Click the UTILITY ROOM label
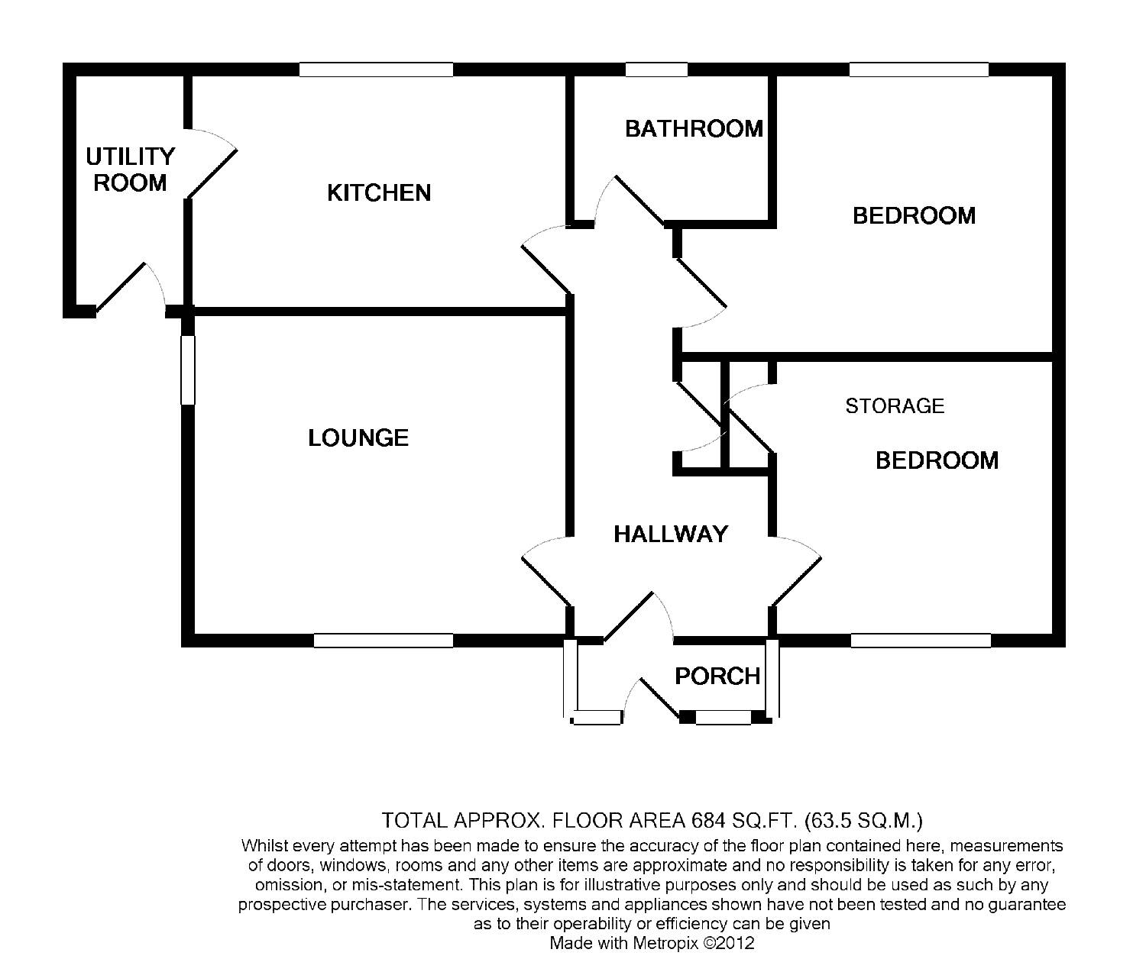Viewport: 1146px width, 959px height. (x=130, y=170)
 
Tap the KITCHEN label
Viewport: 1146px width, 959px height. (x=379, y=192)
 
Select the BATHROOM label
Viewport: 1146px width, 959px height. (x=694, y=128)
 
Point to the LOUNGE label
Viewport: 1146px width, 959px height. (x=358, y=438)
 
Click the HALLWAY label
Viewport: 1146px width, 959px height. (x=671, y=534)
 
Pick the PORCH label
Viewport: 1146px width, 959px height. (x=717, y=676)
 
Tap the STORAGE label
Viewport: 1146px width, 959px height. (x=895, y=405)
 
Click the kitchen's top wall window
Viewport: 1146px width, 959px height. (x=376, y=69)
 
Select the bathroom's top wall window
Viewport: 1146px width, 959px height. (x=656, y=69)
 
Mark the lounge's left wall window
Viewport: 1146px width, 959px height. (x=188, y=370)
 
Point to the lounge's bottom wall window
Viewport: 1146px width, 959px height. (x=384, y=641)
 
